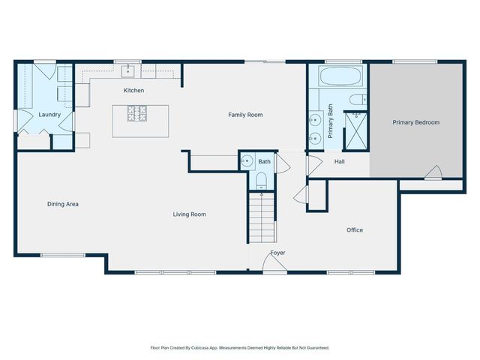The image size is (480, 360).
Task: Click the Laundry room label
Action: click(x=49, y=115)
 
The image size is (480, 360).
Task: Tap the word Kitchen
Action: click(x=134, y=91)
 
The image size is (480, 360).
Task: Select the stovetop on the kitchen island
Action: click(x=138, y=114)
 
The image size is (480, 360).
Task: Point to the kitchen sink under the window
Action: click(x=128, y=72)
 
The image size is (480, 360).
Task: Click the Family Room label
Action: click(x=245, y=115)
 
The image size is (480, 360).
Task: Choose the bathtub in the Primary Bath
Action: click(x=342, y=76)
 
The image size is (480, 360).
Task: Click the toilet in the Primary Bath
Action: click(x=357, y=100)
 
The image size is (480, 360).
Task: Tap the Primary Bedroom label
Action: click(x=416, y=122)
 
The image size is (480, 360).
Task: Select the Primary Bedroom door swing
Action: click(x=432, y=172)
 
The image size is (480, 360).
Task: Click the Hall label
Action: click(x=339, y=161)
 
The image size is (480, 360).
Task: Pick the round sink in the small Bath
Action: click(x=245, y=160)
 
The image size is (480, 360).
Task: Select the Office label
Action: click(x=355, y=230)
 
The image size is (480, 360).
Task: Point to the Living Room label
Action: click(x=189, y=214)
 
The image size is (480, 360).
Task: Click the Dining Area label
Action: click(x=63, y=204)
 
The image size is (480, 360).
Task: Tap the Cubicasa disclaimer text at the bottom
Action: click(x=240, y=348)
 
